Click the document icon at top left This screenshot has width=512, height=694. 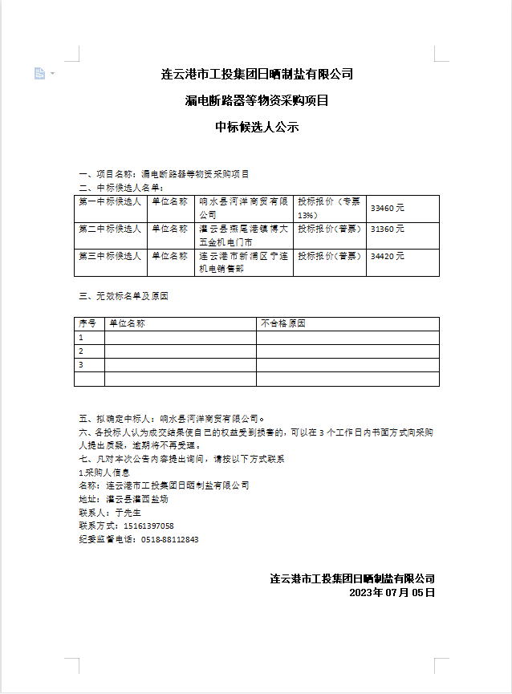(x=39, y=74)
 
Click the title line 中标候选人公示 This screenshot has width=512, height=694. (x=257, y=126)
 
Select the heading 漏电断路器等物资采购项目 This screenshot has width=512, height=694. (x=257, y=100)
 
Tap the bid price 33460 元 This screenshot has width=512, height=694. (x=388, y=208)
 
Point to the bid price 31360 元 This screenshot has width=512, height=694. (x=388, y=229)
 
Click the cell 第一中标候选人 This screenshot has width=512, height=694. (x=110, y=202)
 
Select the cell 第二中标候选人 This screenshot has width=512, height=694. (x=110, y=229)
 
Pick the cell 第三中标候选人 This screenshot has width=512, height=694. (x=110, y=256)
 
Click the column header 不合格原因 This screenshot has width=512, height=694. (x=283, y=324)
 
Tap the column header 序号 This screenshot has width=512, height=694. (x=87, y=324)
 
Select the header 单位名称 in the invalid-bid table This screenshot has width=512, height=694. (x=127, y=324)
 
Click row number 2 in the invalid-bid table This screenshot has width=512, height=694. (x=81, y=351)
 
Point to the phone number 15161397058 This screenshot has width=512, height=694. (x=148, y=526)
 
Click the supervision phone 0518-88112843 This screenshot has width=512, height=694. (x=169, y=539)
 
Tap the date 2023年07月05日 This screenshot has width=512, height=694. (x=392, y=593)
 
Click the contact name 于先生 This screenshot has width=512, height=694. (x=128, y=512)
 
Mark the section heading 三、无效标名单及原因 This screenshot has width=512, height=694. (x=124, y=296)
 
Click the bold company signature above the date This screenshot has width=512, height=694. (x=352, y=578)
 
